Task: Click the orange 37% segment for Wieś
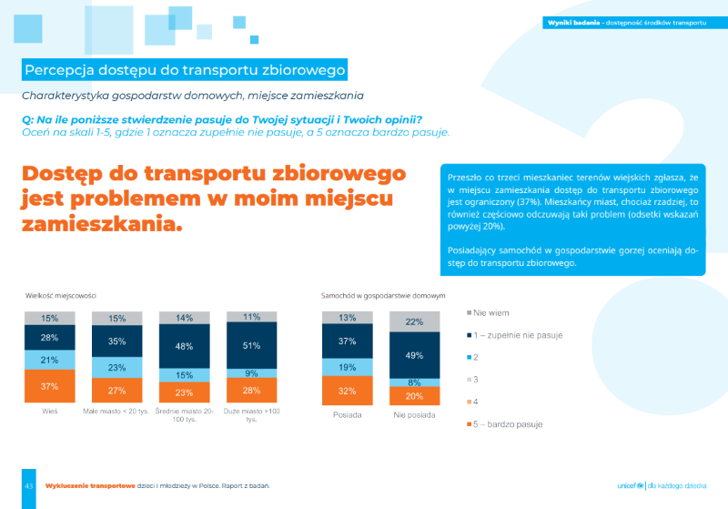point(50,386)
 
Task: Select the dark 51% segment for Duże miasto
point(251,345)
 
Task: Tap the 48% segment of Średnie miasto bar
point(185,347)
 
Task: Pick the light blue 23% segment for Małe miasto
point(117,368)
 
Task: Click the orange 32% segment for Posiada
point(348,391)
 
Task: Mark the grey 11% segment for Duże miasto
point(251,317)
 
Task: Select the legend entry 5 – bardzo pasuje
point(511,424)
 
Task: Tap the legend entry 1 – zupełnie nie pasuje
point(518,335)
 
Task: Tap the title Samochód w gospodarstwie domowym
point(383,295)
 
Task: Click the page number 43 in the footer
point(29,486)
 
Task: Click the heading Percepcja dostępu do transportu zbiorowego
point(185,70)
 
